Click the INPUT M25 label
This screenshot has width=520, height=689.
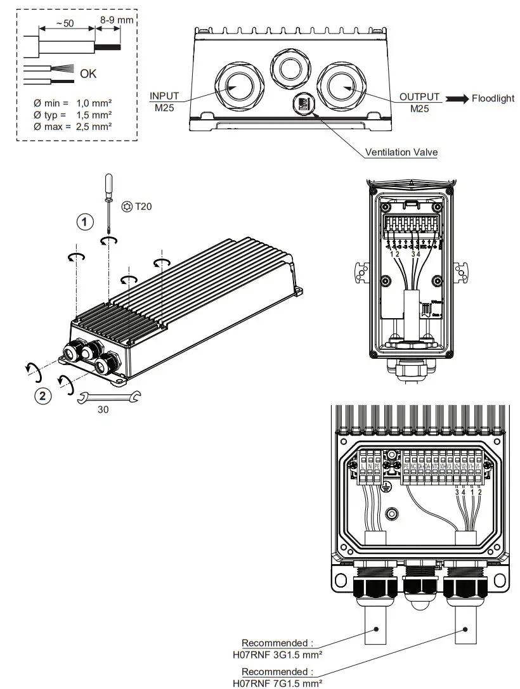pyautogui.click(x=164, y=101)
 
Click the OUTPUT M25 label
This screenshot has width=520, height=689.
pyautogui.click(x=419, y=101)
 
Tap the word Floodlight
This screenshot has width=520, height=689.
pyautogui.click(x=493, y=98)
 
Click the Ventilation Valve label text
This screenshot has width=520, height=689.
pyautogui.click(x=401, y=152)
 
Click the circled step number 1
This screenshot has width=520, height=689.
pyautogui.click(x=85, y=222)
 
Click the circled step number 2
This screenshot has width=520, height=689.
pyautogui.click(x=42, y=397)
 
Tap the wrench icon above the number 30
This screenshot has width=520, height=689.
pyautogui.click(x=108, y=398)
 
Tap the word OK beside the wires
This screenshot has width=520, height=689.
pyautogui.click(x=89, y=74)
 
